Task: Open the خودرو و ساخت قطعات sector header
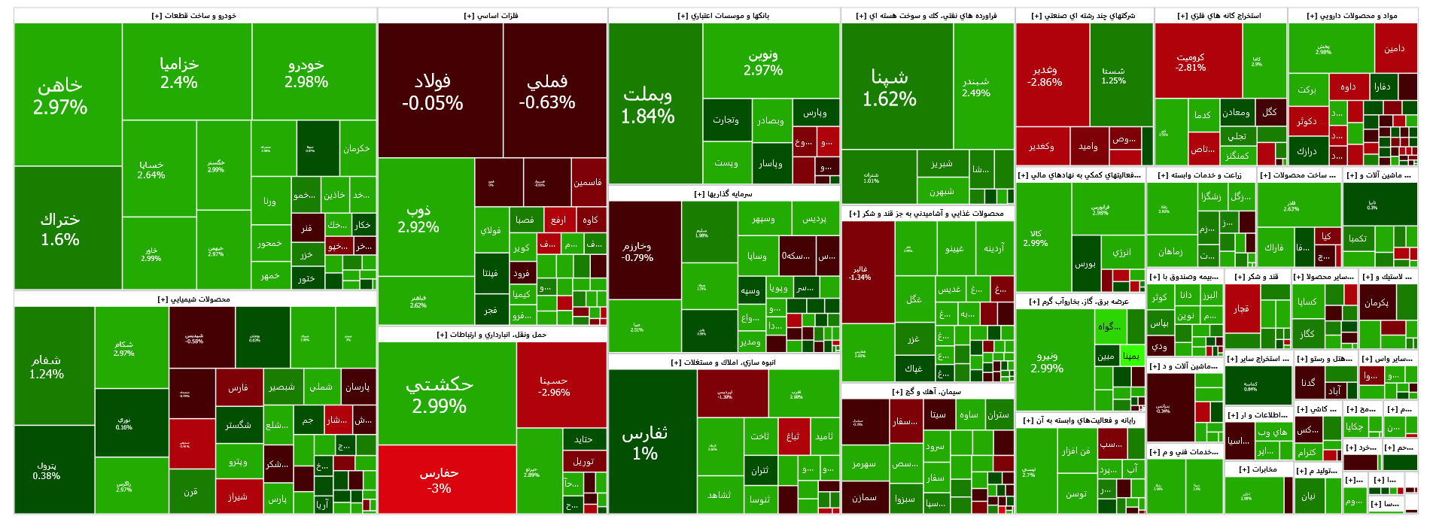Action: tap(195, 16)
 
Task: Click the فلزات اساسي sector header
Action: tap(492, 16)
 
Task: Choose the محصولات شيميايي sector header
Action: tap(195, 299)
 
